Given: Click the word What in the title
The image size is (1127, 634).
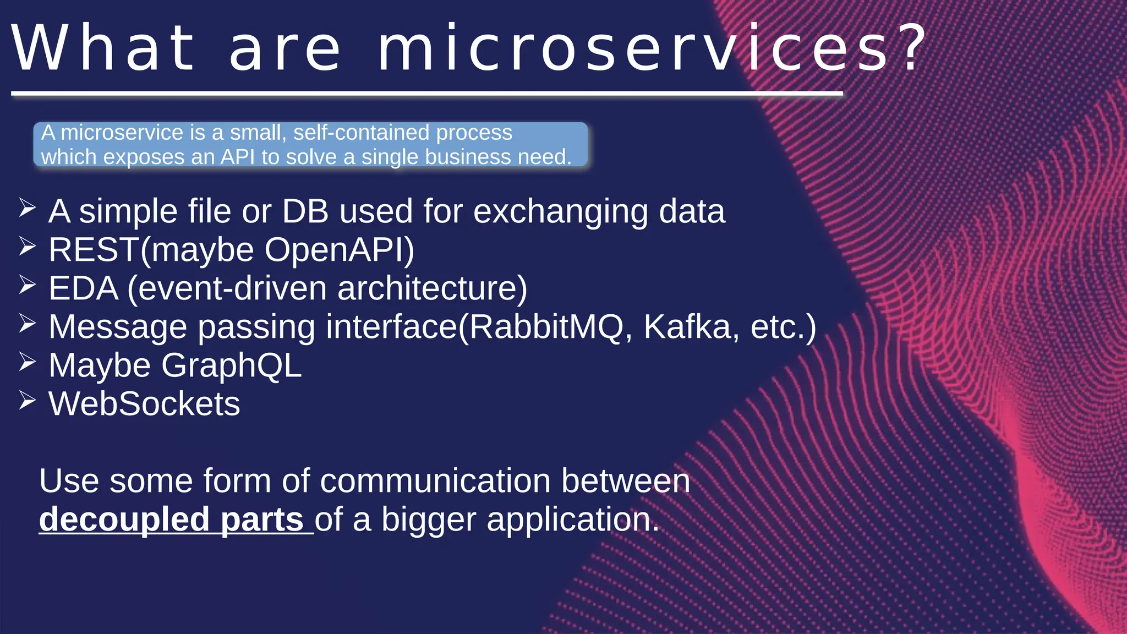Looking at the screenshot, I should coord(103,48).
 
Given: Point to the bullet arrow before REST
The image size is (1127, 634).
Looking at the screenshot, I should coord(27,247).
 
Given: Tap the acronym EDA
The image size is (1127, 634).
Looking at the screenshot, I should coord(83,288).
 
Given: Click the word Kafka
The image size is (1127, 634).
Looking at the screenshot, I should coord(687,327).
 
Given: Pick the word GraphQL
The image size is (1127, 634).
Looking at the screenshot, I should coord(231,365).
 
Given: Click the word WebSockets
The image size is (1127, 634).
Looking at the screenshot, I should coord(144,404).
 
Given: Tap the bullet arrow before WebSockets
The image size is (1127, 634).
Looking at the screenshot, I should coord(27,401).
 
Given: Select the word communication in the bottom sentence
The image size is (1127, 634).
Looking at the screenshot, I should coord(435,481).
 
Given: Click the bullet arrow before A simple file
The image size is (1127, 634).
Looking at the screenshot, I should coord(27,208).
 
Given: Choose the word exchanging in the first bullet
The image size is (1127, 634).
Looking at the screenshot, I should coord(560,212).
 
